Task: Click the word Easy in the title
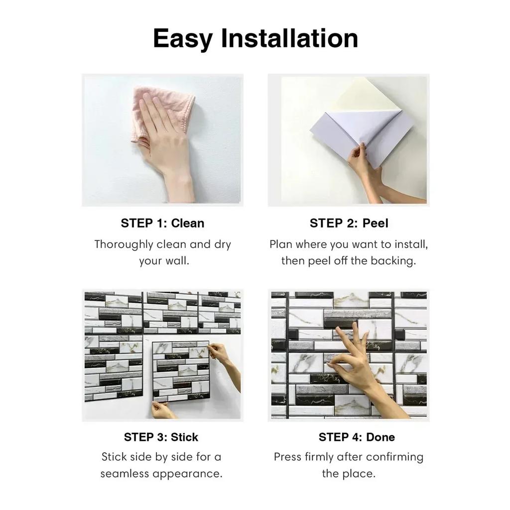coord(182,39)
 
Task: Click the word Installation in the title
coord(289,39)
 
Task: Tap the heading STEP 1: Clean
coord(162,223)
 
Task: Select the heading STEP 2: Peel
coord(349,223)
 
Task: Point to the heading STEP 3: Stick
coord(161,437)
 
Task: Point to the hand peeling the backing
coord(364,164)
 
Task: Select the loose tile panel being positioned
coord(180,371)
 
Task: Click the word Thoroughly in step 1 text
coord(124,245)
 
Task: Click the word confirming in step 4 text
coord(393,457)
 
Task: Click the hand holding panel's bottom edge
coord(162,409)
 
